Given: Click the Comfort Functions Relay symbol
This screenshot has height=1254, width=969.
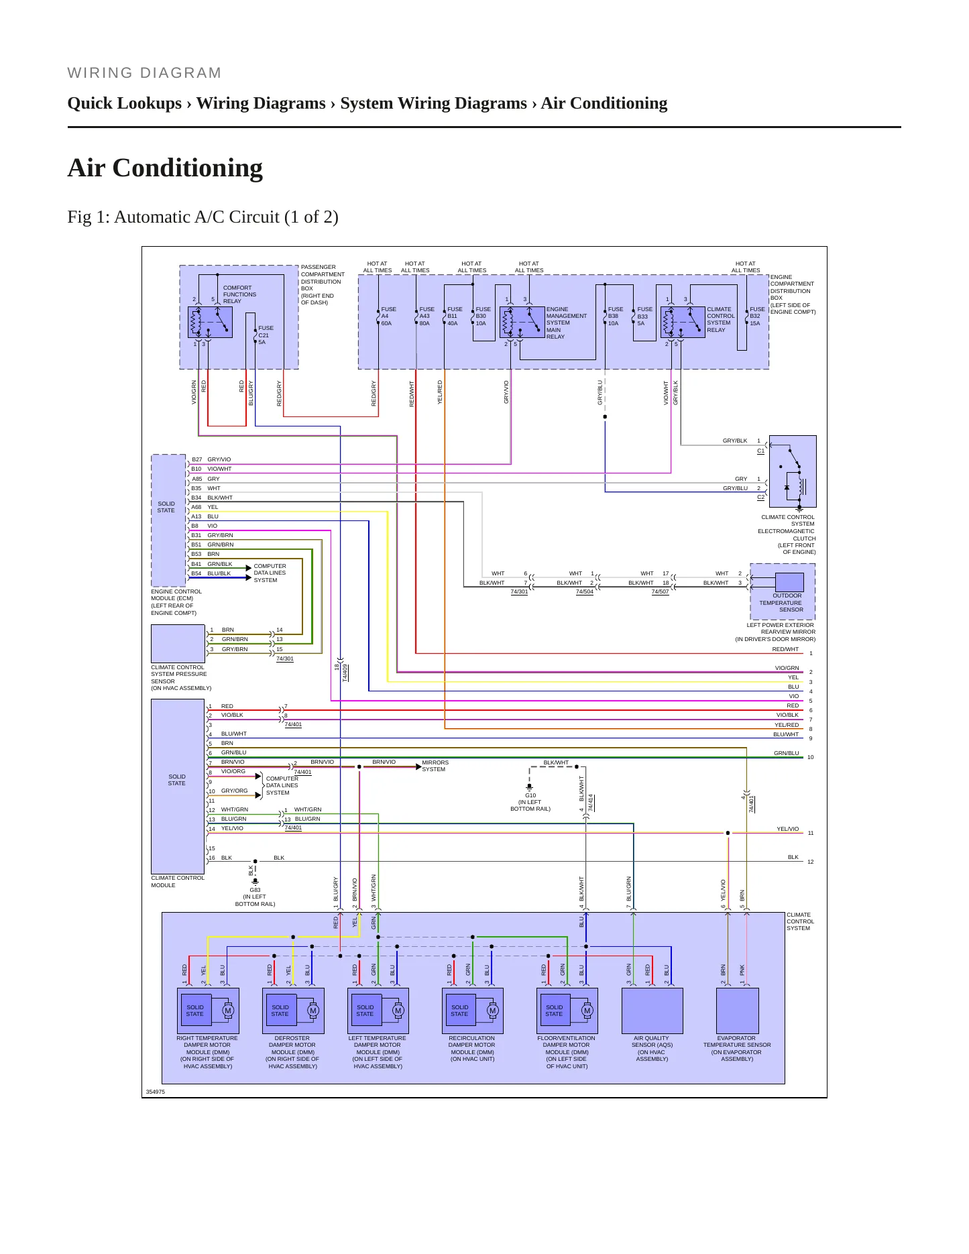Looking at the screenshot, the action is coord(210,322).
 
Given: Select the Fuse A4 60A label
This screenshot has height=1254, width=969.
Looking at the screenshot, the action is coord(388,317).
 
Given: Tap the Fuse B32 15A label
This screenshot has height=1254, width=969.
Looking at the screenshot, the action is coord(757,317).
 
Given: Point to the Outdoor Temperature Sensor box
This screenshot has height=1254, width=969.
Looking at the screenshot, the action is coord(789,582).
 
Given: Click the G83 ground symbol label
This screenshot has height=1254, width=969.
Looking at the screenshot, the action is coord(255,890).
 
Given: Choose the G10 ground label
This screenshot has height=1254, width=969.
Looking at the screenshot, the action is coord(530,795).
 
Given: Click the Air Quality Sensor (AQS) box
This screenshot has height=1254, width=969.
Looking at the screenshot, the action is coord(652,1011).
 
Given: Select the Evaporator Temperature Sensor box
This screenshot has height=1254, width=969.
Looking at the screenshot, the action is coord(738,1011).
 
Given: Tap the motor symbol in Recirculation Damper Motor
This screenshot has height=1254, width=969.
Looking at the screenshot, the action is coord(492,1011).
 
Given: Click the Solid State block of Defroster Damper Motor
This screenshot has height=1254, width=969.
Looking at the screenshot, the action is coord(280,1011).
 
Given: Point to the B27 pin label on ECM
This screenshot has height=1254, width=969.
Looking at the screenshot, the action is coord(196,460).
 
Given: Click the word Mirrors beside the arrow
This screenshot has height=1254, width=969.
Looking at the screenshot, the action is coord(435,762).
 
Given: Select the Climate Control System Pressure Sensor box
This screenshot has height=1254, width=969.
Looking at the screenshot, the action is coord(178,644).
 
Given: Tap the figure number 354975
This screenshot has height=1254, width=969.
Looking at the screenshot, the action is coord(156,1092).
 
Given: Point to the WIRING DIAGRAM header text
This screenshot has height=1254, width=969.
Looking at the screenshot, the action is coord(144,72).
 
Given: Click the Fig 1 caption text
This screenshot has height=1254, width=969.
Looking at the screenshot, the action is coord(203,217).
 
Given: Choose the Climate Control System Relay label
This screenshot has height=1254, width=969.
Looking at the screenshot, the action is coord(721,320).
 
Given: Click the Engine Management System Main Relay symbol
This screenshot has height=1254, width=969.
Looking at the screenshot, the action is coord(522,322).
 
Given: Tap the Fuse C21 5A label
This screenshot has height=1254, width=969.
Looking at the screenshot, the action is coord(266,335).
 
